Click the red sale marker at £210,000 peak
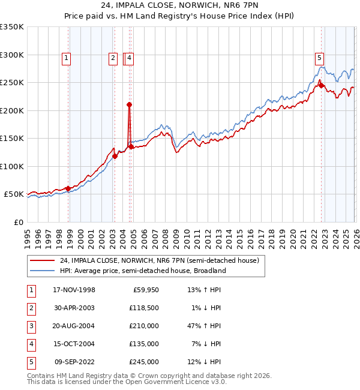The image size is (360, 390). pyautogui.click(x=129, y=104)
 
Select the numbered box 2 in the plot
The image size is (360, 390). pyautogui.click(x=113, y=58)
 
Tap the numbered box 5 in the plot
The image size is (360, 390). pyautogui.click(x=320, y=58)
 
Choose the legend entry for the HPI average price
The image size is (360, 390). pyautogui.click(x=142, y=271)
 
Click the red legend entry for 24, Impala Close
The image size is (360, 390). pyautogui.click(x=159, y=260)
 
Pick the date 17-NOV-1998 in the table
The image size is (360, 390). pyautogui.click(x=74, y=290)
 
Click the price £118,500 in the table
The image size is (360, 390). pyautogui.click(x=143, y=308)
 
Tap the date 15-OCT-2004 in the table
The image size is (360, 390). pyautogui.click(x=74, y=344)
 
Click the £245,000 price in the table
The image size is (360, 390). pyautogui.click(x=143, y=362)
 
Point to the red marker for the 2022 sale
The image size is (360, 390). pyautogui.click(x=321, y=85)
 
